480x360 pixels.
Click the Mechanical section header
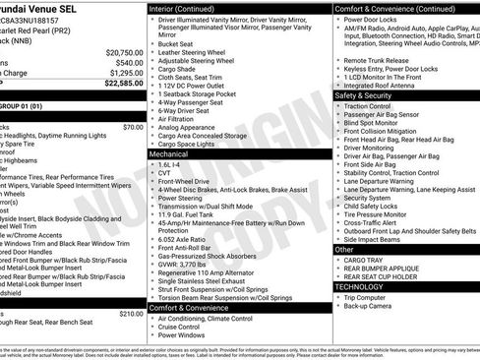(x=170, y=153)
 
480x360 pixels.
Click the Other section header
(x=345, y=250)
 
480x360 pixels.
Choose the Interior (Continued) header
(x=189, y=8)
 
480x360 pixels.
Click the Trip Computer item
(x=371, y=297)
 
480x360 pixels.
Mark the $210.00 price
(x=130, y=314)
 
